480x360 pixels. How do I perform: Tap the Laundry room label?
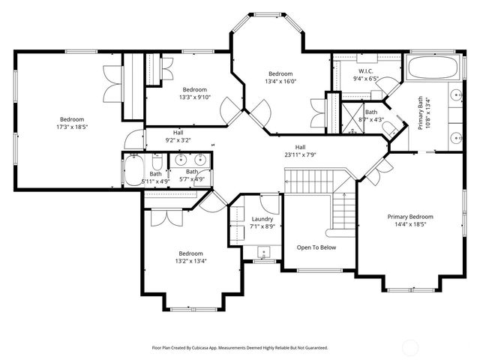tap(262, 218)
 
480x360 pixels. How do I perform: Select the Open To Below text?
tap(316, 247)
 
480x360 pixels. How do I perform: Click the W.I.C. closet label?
tap(355, 70)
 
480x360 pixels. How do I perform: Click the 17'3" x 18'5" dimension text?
tap(73, 127)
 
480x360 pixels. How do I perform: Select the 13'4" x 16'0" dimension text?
tap(280, 81)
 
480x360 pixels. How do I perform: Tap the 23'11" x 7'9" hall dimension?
tap(300, 154)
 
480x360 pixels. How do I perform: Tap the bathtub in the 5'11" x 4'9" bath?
tap(134, 171)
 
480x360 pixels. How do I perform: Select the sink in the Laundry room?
tap(262, 251)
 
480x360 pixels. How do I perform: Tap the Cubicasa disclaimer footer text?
tap(240, 348)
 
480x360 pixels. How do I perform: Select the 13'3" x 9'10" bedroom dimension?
tap(195, 97)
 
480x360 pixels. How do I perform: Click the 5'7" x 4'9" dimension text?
tap(192, 179)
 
